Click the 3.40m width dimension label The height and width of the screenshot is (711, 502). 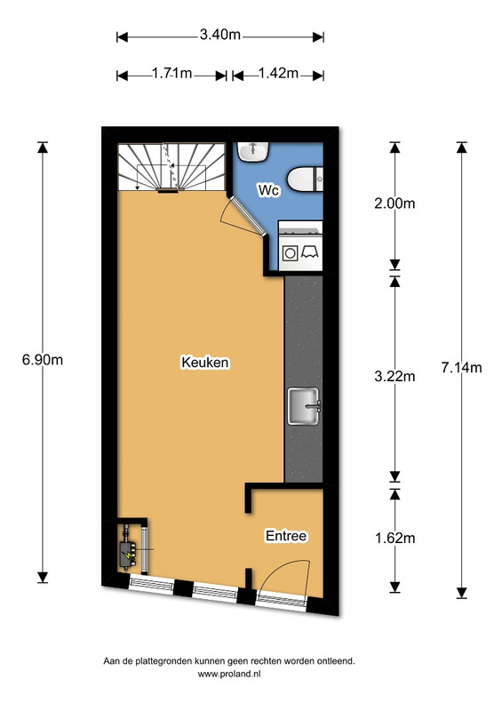(x=219, y=36)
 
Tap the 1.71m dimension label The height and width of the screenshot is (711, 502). (x=171, y=75)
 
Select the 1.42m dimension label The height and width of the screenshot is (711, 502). (x=276, y=75)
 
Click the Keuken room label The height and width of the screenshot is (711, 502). (x=205, y=363)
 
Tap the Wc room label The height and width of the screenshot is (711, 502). (x=268, y=189)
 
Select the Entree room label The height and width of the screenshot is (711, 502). (x=286, y=536)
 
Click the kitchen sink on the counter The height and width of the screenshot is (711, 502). (x=305, y=407)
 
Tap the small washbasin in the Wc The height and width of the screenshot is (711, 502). (x=253, y=150)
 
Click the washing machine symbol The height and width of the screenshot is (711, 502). (x=291, y=252)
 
